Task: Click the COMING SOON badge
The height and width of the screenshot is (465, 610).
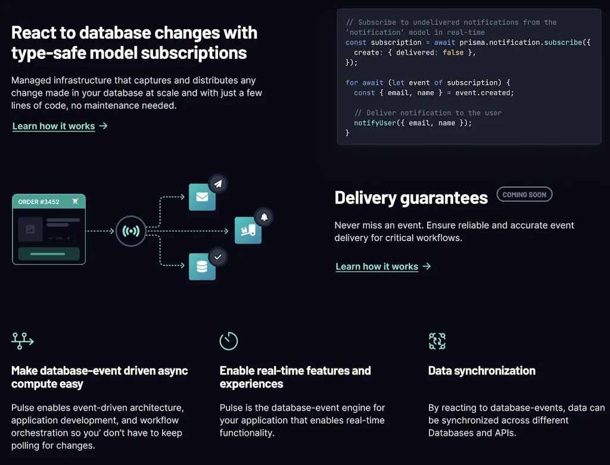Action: (x=524, y=195)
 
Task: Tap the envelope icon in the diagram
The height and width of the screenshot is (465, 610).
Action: (x=202, y=197)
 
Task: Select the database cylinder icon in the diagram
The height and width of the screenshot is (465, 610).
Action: (x=202, y=267)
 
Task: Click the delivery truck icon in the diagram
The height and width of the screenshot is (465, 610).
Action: (x=248, y=230)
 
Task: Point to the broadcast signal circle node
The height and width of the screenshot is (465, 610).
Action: (x=130, y=231)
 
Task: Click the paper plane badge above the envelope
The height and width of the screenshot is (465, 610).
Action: (x=218, y=184)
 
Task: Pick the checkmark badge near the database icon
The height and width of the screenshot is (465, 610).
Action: (x=217, y=257)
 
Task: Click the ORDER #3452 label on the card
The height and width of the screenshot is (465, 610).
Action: (x=39, y=202)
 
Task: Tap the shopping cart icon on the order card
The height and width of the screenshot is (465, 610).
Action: (x=75, y=201)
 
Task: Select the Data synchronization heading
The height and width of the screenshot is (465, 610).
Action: (x=481, y=371)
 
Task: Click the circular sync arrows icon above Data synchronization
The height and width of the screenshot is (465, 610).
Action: (x=437, y=341)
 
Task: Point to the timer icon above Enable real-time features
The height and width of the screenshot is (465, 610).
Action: (x=229, y=341)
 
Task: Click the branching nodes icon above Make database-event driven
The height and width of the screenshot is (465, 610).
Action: (x=23, y=341)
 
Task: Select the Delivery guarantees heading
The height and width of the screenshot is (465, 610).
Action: (x=411, y=198)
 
